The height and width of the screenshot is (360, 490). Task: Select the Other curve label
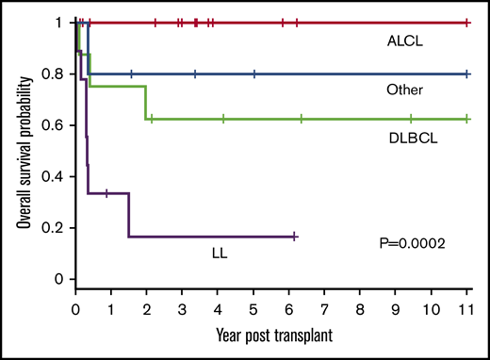coord(403,90)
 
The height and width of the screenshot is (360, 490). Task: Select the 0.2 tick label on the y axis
coord(57,228)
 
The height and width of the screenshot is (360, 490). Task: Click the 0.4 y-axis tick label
coord(57,177)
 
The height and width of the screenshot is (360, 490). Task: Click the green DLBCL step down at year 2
coord(146,103)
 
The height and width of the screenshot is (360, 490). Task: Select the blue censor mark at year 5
coord(253,74)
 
